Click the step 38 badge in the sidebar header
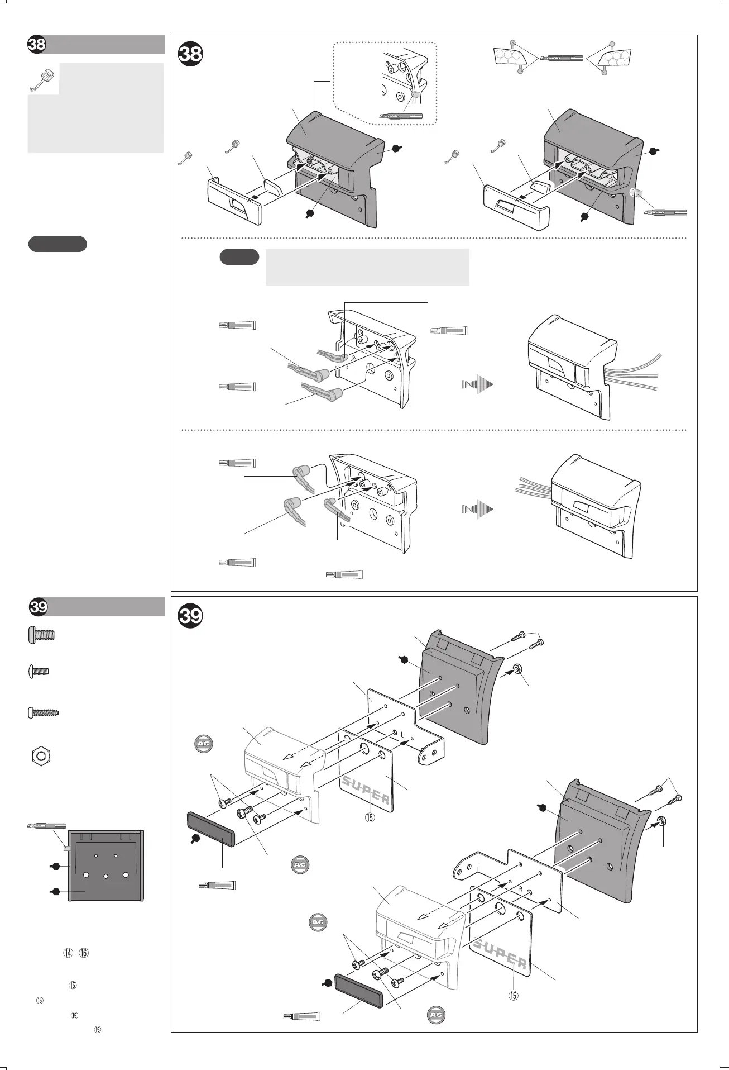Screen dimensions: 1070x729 pos(37,45)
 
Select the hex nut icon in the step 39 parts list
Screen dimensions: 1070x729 pos(40,757)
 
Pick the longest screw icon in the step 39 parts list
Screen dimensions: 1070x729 pos(44,712)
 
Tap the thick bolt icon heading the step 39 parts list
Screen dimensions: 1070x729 pos(41,635)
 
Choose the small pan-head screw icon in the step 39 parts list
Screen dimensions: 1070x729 pos(39,672)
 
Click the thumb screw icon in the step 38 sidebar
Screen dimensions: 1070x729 pos(42,79)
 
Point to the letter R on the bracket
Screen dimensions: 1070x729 pos(520,903)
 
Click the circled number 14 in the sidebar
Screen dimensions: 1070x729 pos(68,953)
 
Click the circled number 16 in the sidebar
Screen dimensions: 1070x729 pos(84,953)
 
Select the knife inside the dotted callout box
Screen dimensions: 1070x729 pos(401,116)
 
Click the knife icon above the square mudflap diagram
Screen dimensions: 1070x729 pos(46,826)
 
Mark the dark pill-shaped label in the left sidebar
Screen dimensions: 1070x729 pos(57,244)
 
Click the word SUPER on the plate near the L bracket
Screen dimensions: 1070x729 pos(366,789)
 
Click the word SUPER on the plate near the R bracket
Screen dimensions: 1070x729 pos(500,954)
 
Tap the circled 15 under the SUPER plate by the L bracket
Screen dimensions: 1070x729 pos(370,817)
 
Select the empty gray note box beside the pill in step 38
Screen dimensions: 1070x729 pos(367,267)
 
